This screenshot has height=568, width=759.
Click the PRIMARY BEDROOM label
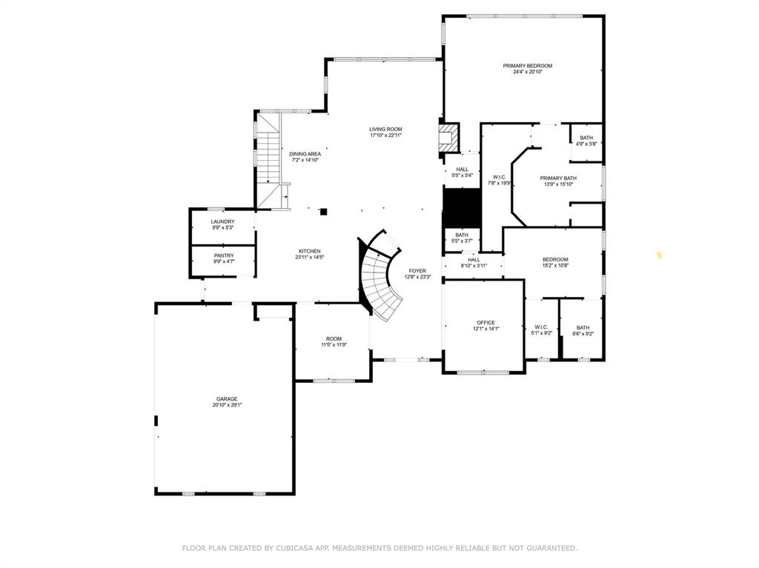527,66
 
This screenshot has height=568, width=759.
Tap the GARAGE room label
226,398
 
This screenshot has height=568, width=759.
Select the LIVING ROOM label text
385,129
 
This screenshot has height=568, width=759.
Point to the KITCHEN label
309,250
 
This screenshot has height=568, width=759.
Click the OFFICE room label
485,322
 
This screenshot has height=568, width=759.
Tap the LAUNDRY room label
222,221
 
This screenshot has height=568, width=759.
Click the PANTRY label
223,255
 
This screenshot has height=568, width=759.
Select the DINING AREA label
305,154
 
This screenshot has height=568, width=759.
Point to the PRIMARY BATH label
557,178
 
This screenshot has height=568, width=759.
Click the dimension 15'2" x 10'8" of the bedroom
555,265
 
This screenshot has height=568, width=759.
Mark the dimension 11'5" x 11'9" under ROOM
334,344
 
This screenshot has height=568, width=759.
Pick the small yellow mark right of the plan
658,255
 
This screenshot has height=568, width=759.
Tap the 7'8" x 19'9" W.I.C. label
499,180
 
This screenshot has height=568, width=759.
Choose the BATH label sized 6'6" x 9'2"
583,330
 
